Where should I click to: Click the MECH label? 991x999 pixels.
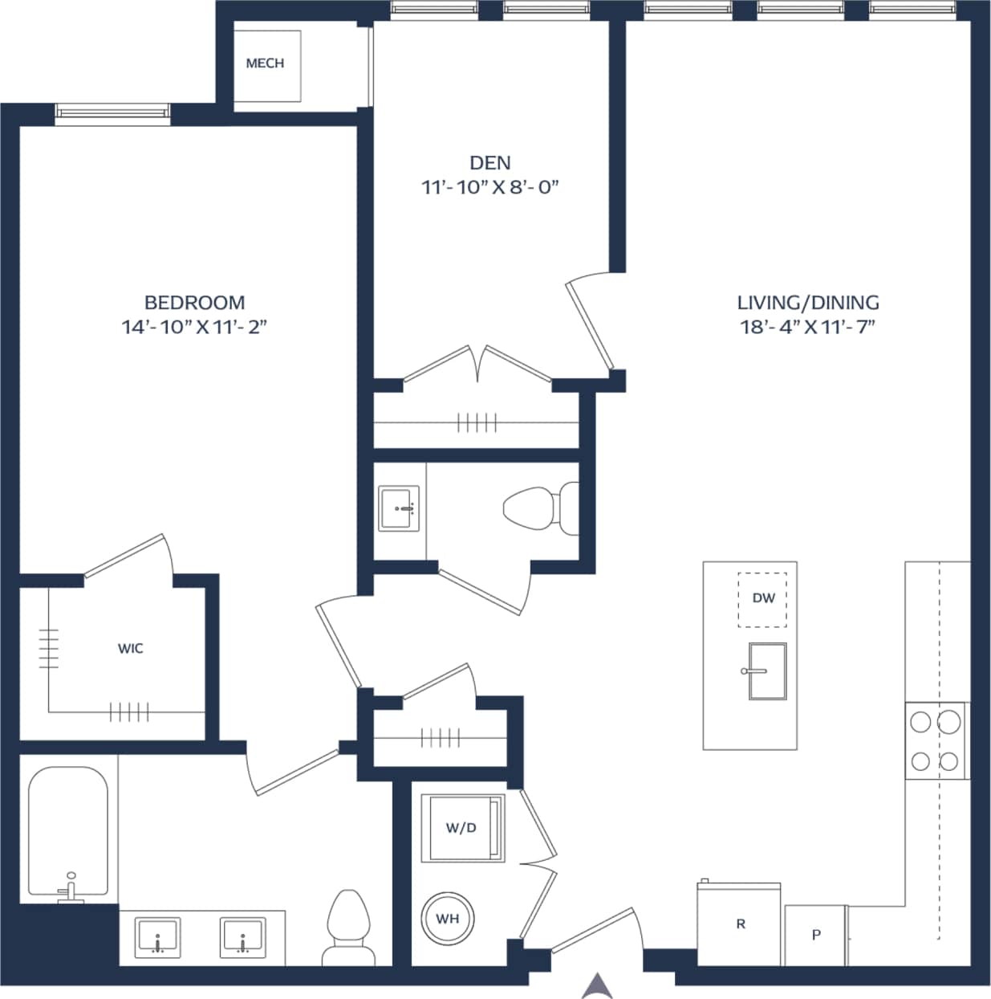(x=265, y=63)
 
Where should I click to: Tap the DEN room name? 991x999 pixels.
(x=489, y=163)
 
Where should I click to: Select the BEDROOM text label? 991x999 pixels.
(x=194, y=303)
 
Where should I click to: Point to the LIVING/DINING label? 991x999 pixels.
(x=807, y=303)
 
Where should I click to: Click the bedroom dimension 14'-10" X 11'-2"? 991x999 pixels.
(x=194, y=327)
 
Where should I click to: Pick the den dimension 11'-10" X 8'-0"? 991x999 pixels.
(x=489, y=188)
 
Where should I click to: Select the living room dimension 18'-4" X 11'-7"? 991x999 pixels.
(x=807, y=327)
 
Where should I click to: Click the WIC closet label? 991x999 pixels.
(x=131, y=648)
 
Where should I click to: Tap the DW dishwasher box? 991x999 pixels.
(x=762, y=599)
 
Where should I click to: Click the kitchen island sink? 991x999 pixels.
(x=766, y=671)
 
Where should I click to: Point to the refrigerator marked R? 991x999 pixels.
(x=739, y=924)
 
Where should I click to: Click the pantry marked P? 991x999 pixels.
(x=815, y=935)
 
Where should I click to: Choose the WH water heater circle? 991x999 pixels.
(x=448, y=918)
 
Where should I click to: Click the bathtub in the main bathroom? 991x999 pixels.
(x=68, y=831)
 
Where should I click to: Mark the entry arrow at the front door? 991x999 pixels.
(x=597, y=985)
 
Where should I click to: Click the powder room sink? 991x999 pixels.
(x=399, y=508)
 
